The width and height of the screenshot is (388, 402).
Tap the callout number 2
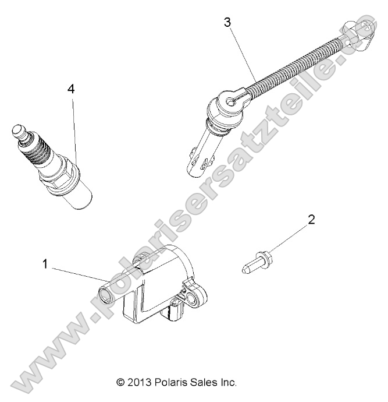[x=311, y=220]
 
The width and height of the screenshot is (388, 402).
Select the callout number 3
[x=227, y=23]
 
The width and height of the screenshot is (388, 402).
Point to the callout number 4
[x=71, y=89]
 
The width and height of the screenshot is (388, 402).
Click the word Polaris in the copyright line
[x=168, y=383]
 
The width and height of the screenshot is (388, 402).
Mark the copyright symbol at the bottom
[x=120, y=383]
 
